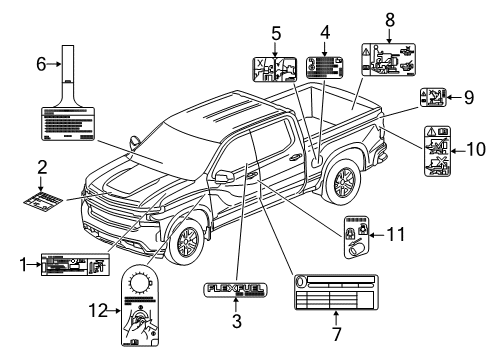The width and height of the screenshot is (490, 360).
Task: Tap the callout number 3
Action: coord(236,321)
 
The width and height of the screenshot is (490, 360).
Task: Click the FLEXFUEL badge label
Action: coord(236,291)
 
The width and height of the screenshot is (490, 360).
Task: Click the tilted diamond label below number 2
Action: coord(44,199)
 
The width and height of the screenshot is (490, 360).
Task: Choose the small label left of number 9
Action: coord(433,98)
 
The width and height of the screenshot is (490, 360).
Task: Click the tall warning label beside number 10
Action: coord(438,153)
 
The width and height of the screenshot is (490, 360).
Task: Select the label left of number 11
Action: coord(357,239)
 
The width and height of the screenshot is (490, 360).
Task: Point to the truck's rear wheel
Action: coord(344,182)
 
